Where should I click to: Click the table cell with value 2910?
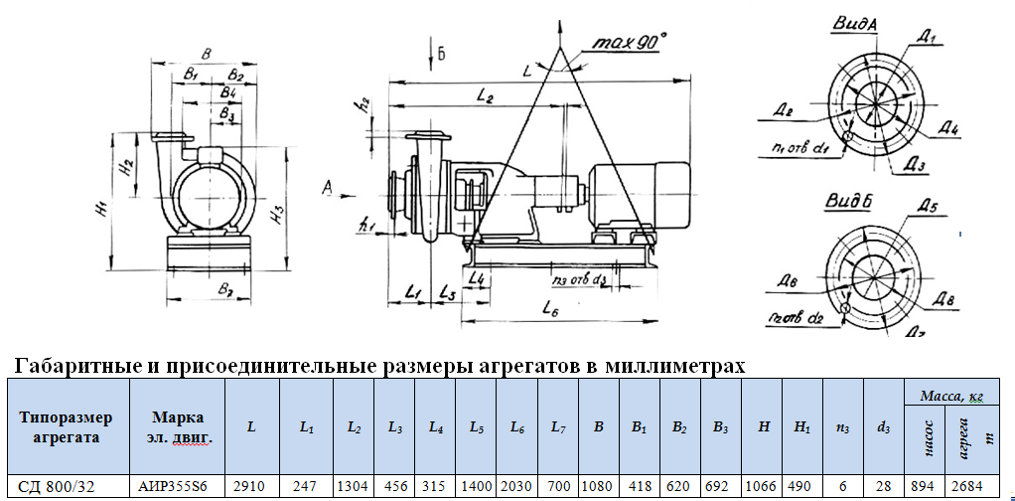pos(251,487)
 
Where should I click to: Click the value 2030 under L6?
pos(516,487)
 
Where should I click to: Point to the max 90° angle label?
pos(630,43)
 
